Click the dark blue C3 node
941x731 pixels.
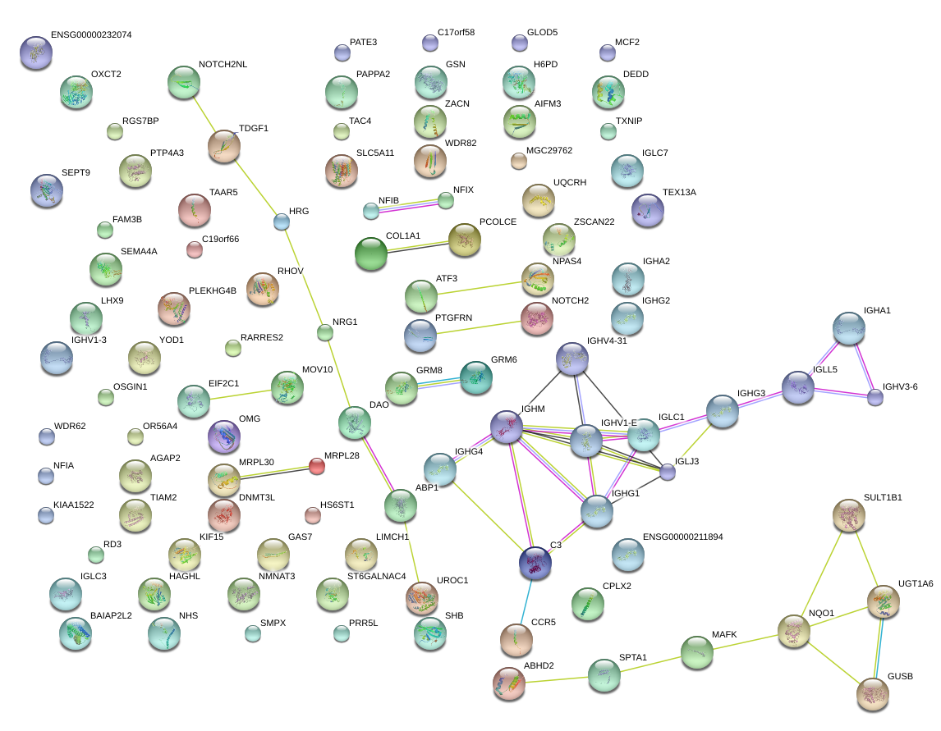coord(535,563)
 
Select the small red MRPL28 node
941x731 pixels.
coord(317,466)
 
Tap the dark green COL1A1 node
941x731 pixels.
coord(371,254)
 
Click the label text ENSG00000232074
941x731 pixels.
coord(91,34)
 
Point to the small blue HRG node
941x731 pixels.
coord(282,222)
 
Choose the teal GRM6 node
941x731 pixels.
coord(476,377)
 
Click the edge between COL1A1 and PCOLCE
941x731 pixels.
coord(418,246)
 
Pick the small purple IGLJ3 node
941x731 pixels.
coord(668,472)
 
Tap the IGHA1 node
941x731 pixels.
coord(848,329)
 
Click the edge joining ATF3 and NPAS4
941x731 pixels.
coord(480,287)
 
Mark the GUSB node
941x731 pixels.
coord(872,694)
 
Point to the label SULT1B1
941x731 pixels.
coord(883,497)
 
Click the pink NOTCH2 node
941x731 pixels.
coord(536,318)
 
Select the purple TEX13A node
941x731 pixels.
coord(648,211)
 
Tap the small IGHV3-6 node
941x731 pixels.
coord(875,397)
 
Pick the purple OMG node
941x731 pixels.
coord(224,436)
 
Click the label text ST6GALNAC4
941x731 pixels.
coord(376,576)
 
